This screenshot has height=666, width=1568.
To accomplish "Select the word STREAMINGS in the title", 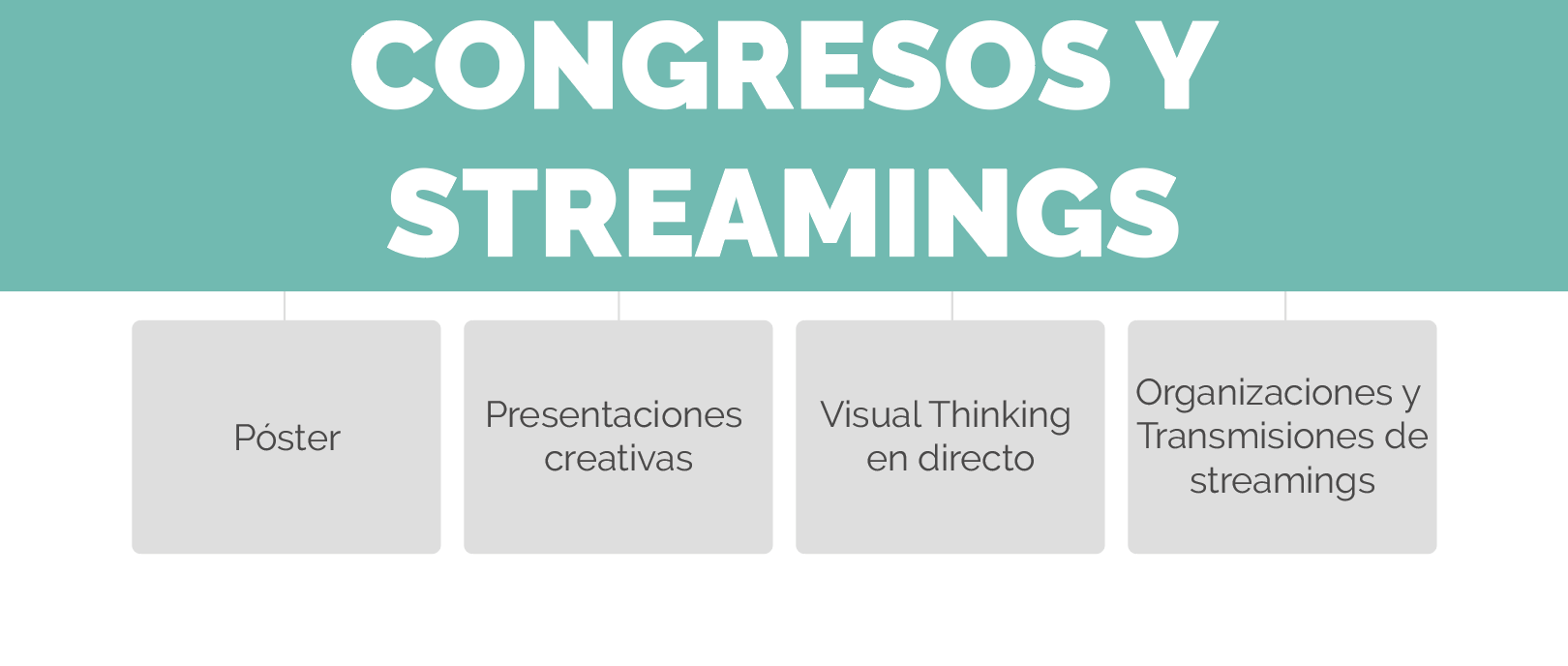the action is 784,213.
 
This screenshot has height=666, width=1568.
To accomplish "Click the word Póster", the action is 287,438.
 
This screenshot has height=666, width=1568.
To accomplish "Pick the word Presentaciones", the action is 614,414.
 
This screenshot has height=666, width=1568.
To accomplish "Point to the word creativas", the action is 618,459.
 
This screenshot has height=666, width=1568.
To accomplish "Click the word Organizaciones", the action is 1264,394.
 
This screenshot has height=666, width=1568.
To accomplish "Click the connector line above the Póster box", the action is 285,306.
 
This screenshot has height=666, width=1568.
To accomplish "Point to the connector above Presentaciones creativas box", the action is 618,306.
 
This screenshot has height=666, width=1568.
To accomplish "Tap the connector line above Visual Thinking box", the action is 952,306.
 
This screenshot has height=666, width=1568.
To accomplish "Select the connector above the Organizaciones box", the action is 1285,306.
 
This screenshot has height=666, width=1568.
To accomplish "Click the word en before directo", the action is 887,460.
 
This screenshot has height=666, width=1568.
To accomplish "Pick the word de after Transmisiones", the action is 1406,437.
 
